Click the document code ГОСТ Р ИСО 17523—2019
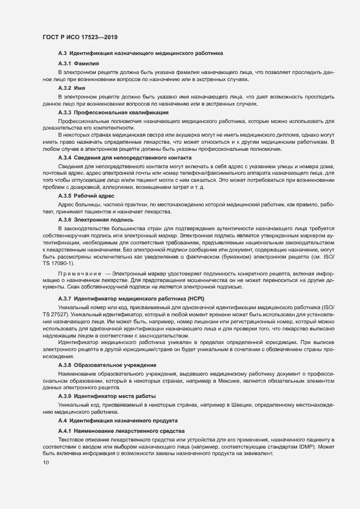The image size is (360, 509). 80,37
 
